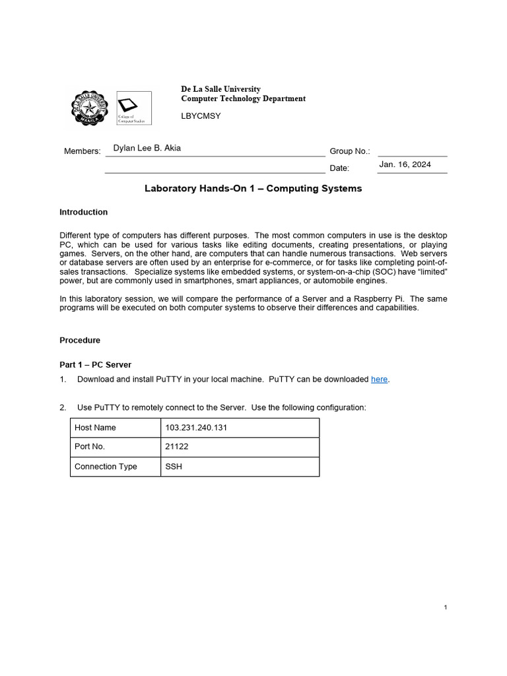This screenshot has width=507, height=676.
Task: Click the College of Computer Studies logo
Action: point(134,108)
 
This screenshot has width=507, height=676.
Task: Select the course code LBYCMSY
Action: point(201,116)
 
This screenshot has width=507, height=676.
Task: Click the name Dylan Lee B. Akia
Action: point(147,148)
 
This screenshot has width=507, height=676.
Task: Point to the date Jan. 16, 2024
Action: point(405,164)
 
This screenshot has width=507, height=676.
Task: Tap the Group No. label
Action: point(350,151)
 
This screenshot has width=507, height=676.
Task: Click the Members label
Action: point(82,151)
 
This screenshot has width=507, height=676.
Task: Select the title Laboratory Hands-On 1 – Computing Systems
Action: point(253,188)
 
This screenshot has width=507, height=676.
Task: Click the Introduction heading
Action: point(83,212)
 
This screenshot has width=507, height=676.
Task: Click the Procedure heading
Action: point(80,340)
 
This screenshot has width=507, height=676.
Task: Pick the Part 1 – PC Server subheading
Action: point(95,364)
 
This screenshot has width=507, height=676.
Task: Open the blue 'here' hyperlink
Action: point(379,379)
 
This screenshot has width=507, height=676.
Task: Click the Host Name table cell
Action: point(95,427)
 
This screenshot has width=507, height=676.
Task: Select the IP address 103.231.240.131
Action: point(196,427)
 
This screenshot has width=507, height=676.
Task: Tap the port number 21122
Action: point(177,446)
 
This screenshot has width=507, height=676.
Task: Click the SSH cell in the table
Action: point(174,466)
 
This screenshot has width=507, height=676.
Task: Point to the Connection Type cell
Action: point(106,466)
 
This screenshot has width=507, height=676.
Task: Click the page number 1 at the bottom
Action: point(446,607)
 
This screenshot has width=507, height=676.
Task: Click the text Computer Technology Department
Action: point(243,98)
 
